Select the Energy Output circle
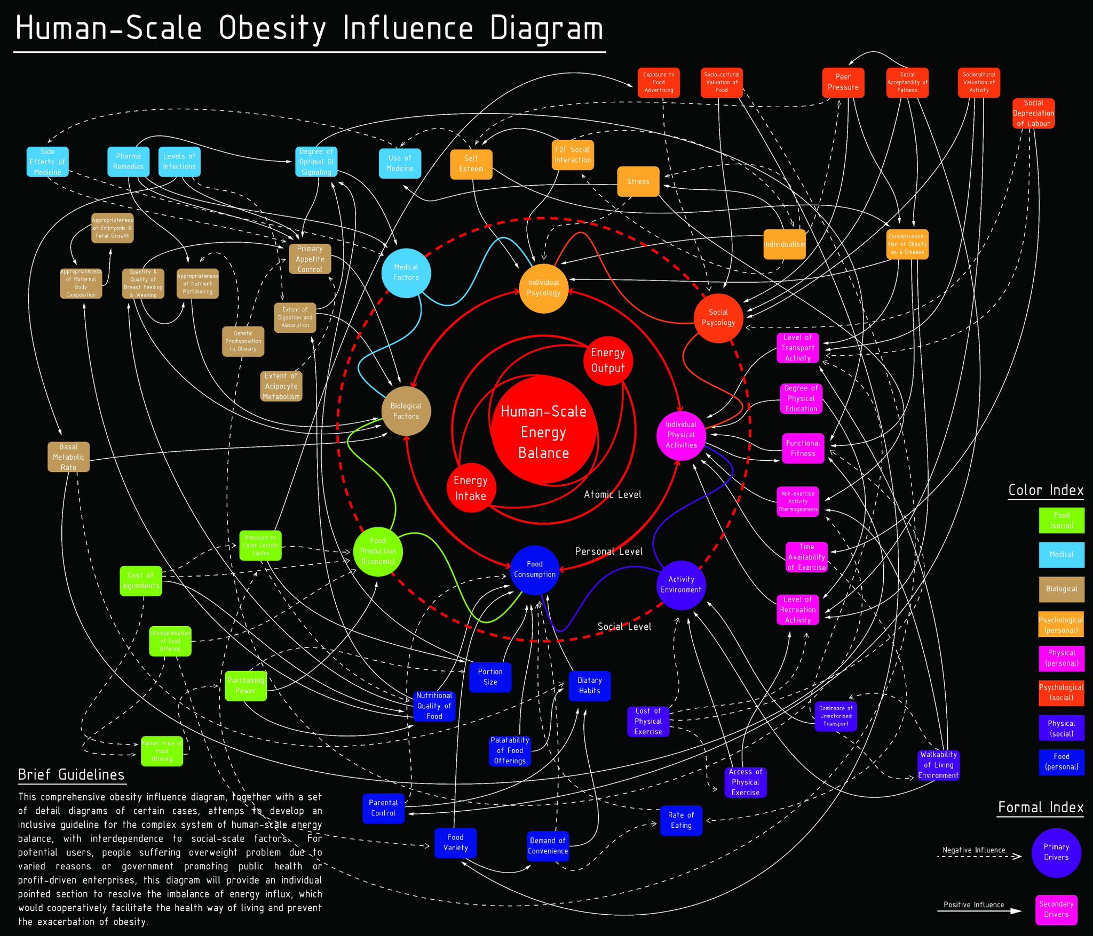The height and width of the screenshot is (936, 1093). click(608, 361)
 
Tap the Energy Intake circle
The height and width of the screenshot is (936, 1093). click(470, 487)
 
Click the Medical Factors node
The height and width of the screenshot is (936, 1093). click(406, 273)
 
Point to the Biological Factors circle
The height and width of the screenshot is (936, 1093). click(406, 411)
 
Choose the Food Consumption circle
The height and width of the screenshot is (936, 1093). click(535, 569)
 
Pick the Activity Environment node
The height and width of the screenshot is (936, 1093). click(681, 585)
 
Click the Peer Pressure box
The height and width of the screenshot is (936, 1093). click(843, 82)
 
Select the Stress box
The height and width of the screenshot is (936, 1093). click(638, 182)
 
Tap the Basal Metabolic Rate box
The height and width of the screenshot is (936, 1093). click(68, 457)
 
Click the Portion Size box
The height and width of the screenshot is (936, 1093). click(490, 677)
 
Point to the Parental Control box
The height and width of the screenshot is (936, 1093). click(383, 808)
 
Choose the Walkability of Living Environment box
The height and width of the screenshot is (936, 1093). click(938, 765)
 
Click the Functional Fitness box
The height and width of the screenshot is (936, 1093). click(803, 448)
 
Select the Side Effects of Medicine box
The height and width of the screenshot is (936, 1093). click(47, 162)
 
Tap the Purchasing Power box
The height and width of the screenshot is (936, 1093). click(245, 685)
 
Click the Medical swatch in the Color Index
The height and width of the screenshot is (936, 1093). click(1062, 554)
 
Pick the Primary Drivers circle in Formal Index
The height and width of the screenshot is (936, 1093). click(1056, 852)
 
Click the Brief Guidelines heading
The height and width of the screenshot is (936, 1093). click(72, 774)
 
